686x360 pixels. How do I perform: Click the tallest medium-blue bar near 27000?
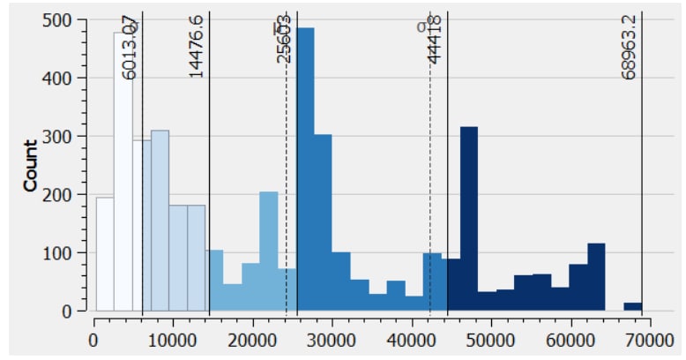(305, 168)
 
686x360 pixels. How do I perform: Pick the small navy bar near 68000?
(632, 306)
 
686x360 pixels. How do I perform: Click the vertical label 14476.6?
(196, 46)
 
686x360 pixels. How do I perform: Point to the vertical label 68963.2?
(628, 46)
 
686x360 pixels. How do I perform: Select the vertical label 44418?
(434, 39)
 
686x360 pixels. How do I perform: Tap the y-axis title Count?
(31, 165)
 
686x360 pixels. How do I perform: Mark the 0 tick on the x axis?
(93, 337)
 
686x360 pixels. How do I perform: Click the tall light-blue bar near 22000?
(268, 251)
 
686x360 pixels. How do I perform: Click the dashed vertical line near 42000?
(429, 176)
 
